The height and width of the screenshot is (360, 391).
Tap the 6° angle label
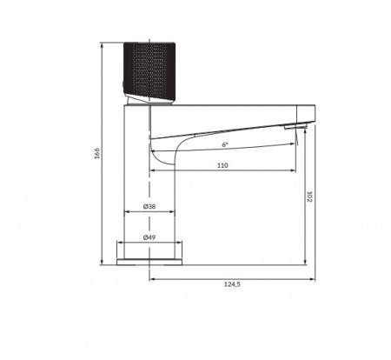click(x=224, y=144)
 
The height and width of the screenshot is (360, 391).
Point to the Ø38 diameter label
click(x=149, y=207)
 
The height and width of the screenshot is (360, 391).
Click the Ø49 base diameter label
click(x=149, y=237)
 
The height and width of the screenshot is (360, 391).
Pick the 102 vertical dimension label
click(x=310, y=197)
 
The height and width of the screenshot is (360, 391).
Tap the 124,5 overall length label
click(x=230, y=284)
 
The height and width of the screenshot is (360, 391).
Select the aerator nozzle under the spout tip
click(x=298, y=128)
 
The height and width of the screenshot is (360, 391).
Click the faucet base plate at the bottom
click(x=149, y=260)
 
